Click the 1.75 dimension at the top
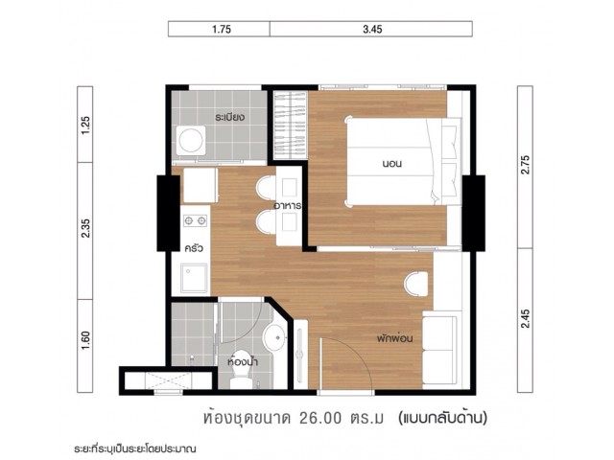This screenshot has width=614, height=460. click(x=222, y=30)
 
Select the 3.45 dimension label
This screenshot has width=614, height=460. click(x=372, y=30)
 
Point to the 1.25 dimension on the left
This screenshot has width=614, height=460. click(x=85, y=126)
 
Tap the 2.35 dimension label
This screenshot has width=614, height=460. click(x=85, y=228)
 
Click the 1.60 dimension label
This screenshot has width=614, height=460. click(x=85, y=340)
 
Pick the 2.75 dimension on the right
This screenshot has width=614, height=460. click(x=526, y=165)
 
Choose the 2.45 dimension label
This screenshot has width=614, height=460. click(x=526, y=319)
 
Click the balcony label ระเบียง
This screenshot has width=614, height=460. click(x=230, y=117)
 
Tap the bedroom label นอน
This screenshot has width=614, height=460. click(x=392, y=163)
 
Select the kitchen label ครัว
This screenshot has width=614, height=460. click(x=194, y=247)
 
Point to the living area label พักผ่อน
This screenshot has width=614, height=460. click(x=394, y=337)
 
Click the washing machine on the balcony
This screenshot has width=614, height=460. click(x=191, y=140)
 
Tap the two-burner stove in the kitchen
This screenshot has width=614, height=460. click(x=195, y=221)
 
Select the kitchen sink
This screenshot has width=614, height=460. click(x=194, y=278)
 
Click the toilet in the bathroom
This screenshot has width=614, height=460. click(x=241, y=369)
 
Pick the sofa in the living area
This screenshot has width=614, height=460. click(x=440, y=349)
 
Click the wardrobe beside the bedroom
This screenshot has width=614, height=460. click(x=290, y=126)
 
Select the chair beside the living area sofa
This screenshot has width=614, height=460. click(x=415, y=284)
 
